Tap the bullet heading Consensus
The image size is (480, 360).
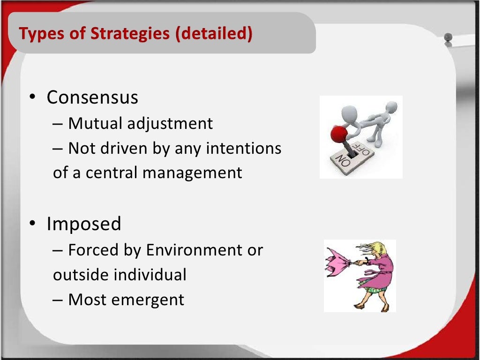click(x=92, y=97)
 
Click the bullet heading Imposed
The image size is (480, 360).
click(x=83, y=224)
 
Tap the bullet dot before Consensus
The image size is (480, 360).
click(x=32, y=97)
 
